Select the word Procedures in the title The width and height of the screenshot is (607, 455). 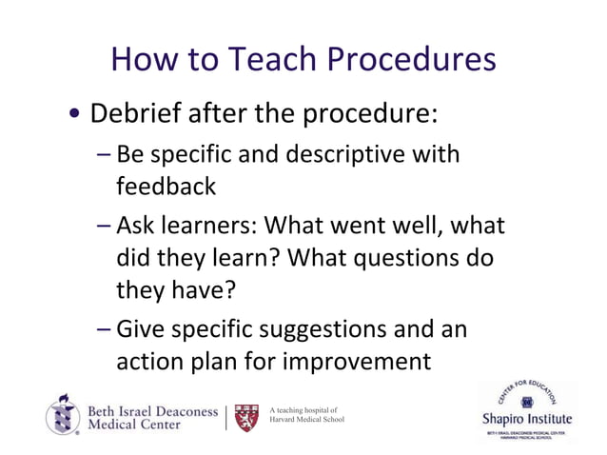[413, 60]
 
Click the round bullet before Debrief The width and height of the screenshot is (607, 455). [74, 117]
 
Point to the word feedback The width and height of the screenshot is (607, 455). [166, 186]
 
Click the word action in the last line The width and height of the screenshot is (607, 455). [149, 363]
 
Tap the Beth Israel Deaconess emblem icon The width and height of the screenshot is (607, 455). [62, 415]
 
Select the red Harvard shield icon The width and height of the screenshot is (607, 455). [245, 416]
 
